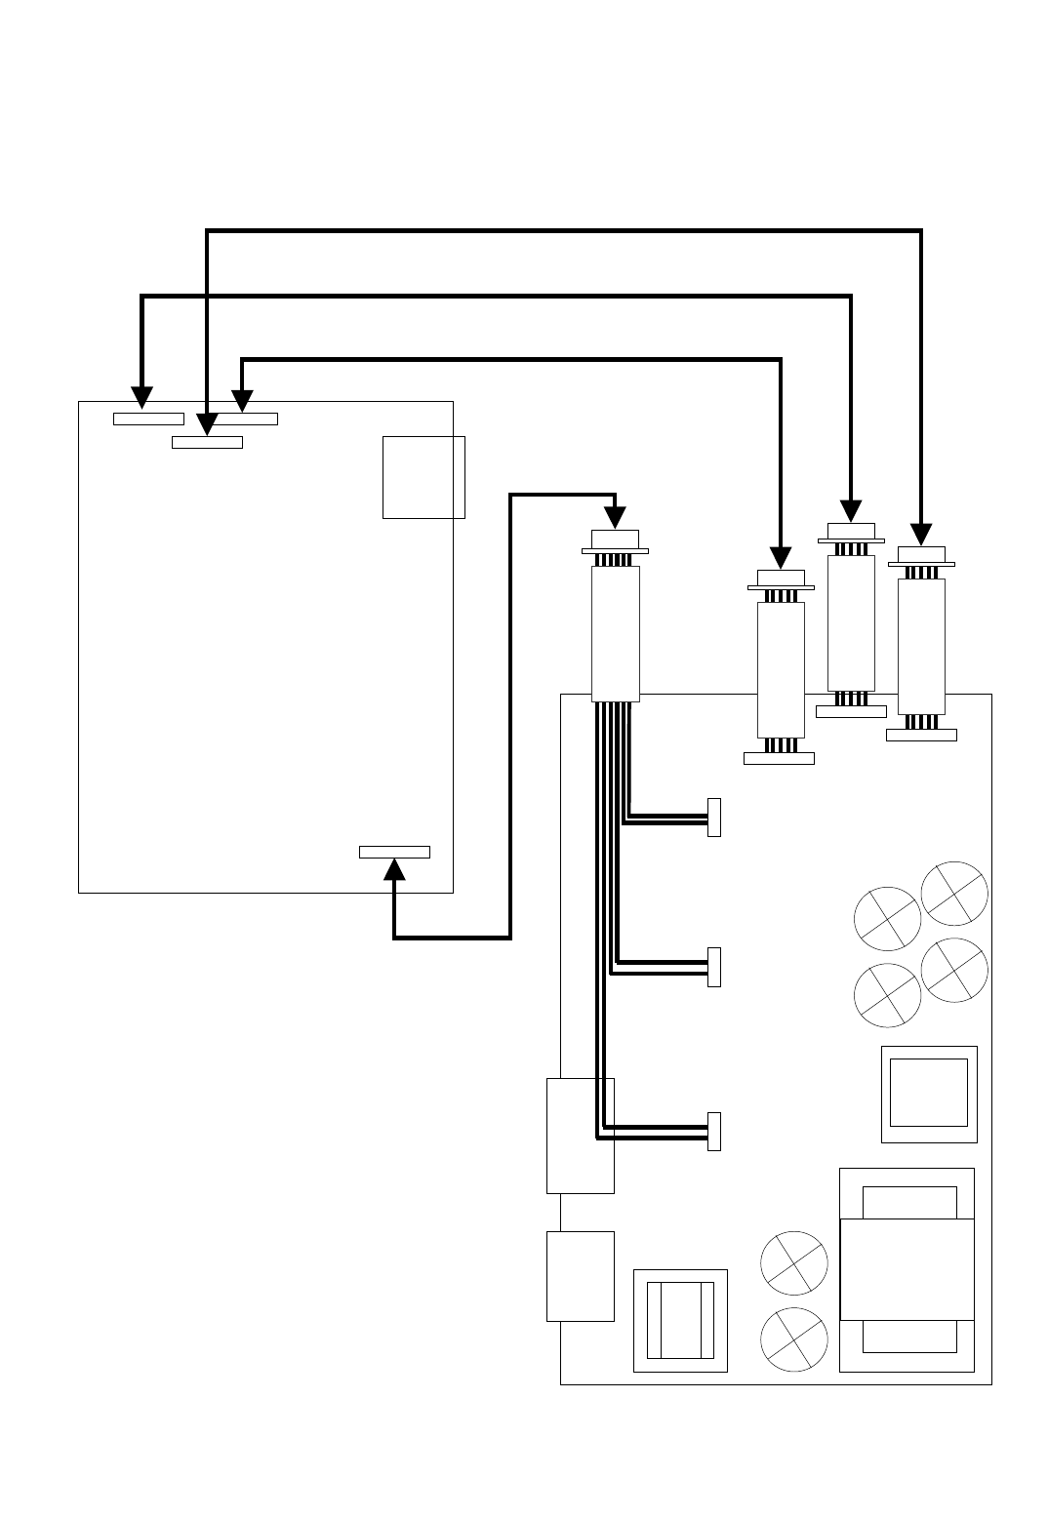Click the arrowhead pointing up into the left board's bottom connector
click(x=394, y=869)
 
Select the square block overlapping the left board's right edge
click(x=423, y=477)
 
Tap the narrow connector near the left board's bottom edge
click(x=394, y=852)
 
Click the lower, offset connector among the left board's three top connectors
click(x=207, y=443)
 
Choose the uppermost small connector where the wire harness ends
click(x=714, y=817)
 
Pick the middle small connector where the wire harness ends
click(x=714, y=967)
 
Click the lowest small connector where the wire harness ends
click(x=714, y=1131)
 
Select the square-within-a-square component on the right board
click(x=929, y=1094)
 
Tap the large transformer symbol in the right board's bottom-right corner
click(x=907, y=1269)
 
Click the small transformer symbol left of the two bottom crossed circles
click(x=681, y=1320)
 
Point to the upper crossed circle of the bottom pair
click(x=794, y=1264)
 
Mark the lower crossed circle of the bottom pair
click(x=794, y=1340)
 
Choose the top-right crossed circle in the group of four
click(x=954, y=894)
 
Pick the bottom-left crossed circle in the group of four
click(x=887, y=995)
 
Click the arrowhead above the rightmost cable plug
click(x=921, y=534)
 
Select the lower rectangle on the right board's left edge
click(x=581, y=1276)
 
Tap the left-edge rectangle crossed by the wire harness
click(x=581, y=1136)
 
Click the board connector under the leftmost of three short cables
click(x=779, y=758)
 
